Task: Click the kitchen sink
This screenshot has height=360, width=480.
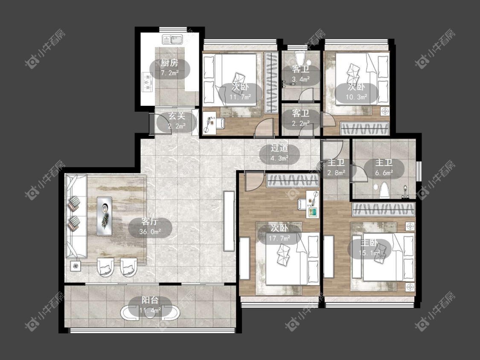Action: point(172,40)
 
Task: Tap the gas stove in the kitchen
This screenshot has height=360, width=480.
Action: point(147,83)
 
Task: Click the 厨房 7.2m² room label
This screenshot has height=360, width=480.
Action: point(169,68)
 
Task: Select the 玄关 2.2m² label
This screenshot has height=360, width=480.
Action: point(177,121)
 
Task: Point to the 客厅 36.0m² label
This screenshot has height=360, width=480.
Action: point(150,226)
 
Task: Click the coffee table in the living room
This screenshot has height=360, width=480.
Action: point(105,216)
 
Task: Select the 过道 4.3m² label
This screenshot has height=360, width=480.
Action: point(279,153)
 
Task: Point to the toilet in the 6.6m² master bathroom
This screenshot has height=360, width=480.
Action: point(384,190)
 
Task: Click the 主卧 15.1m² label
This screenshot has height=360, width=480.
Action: point(369,248)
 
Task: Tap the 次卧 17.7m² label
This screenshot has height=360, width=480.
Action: point(279,233)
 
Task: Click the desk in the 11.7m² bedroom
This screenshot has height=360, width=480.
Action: point(209,122)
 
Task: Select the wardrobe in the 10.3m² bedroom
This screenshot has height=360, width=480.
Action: point(365,128)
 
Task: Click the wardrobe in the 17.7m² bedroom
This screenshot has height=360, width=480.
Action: point(293,180)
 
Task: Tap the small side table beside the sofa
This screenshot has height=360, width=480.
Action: point(75,266)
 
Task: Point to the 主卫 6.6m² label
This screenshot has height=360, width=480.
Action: point(384,168)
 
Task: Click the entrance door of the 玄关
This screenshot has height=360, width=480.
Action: point(151,124)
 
